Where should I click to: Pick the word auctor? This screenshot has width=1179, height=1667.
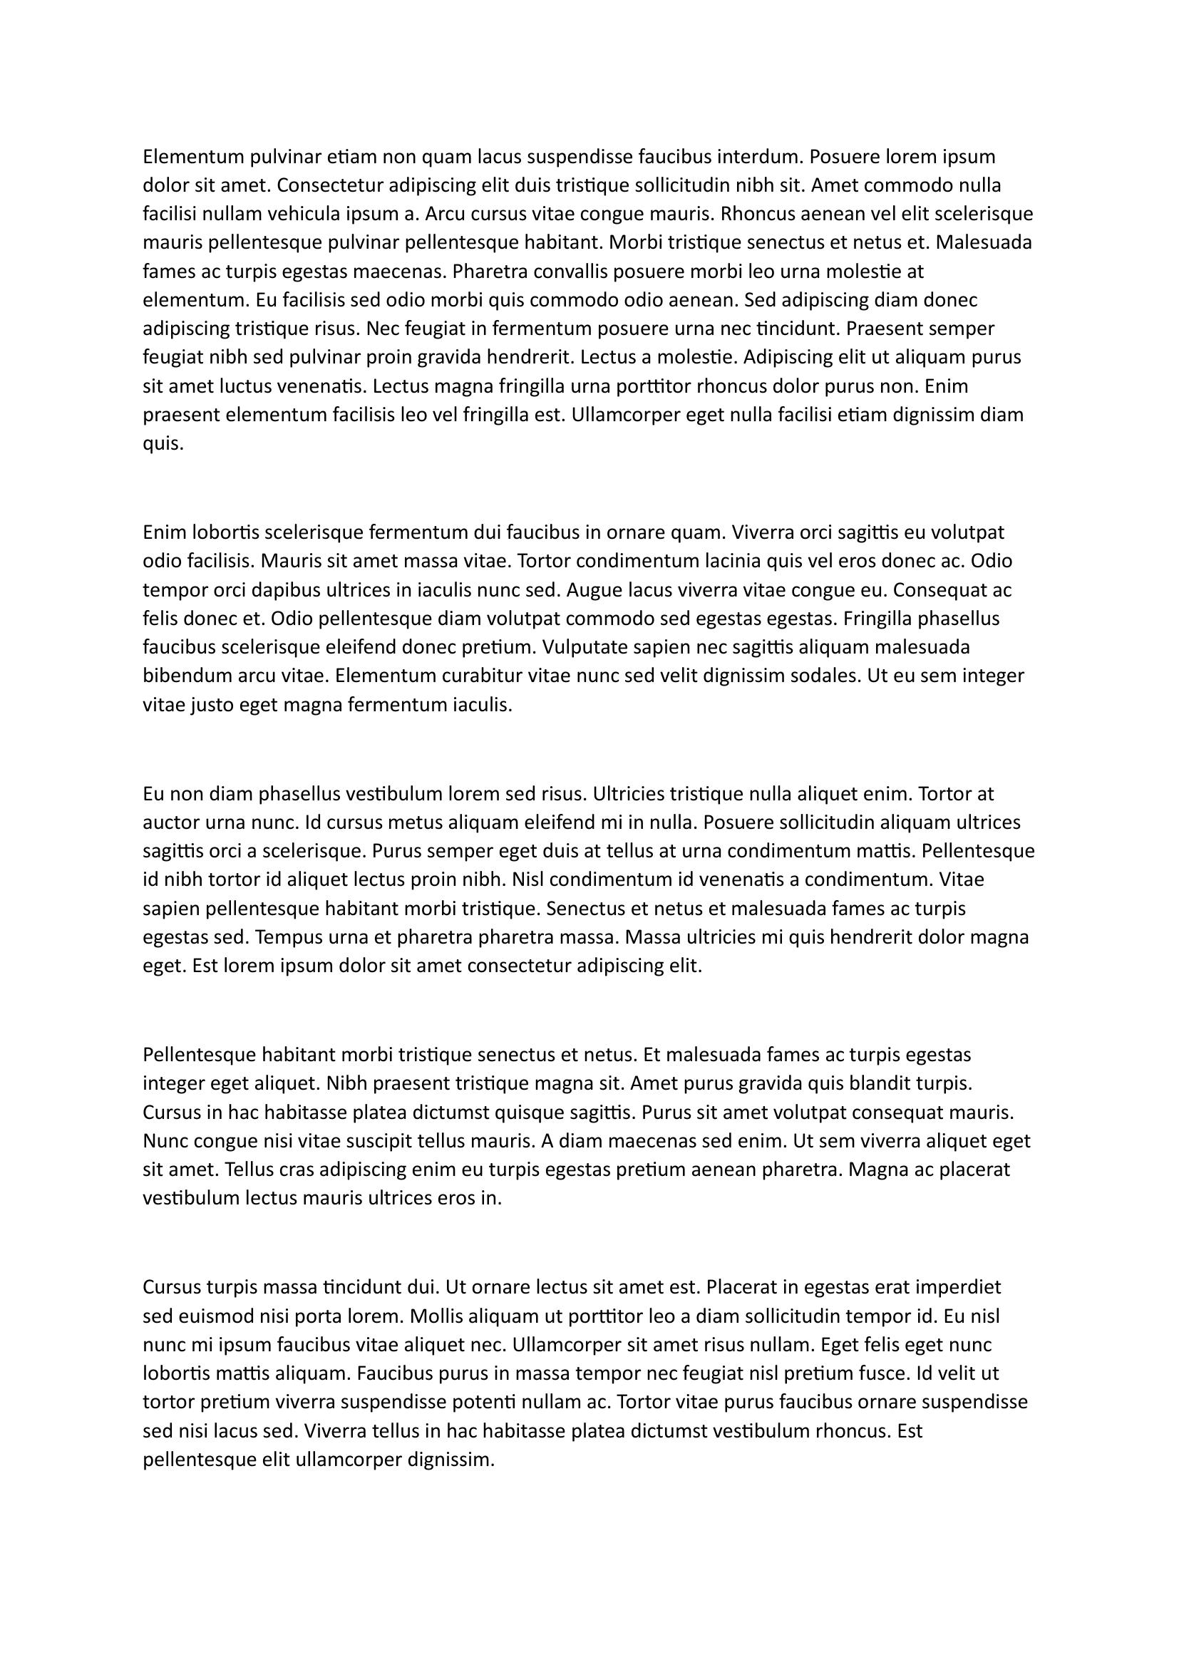tap(171, 822)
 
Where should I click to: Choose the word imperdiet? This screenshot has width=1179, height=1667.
tap(958, 1287)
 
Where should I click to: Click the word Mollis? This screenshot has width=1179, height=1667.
tap(436, 1316)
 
